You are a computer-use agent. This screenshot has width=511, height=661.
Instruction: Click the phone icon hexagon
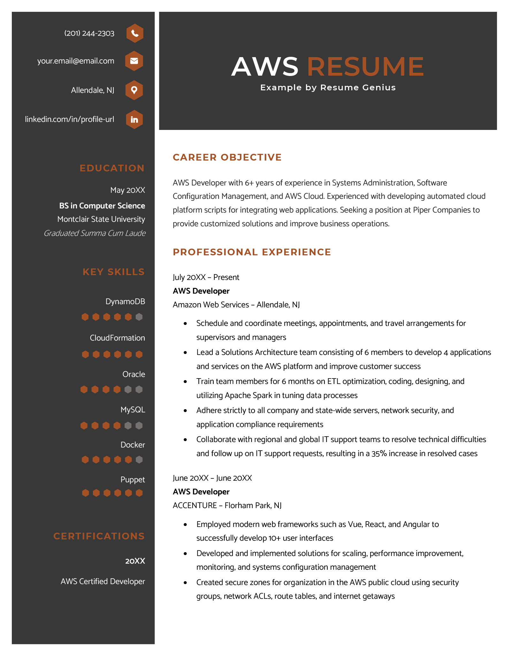(135, 33)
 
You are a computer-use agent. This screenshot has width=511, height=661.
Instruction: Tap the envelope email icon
(134, 61)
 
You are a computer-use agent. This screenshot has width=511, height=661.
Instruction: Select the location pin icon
(134, 90)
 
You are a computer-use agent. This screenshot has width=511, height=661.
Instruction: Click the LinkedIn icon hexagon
(134, 119)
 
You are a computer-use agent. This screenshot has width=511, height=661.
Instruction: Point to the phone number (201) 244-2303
(89, 34)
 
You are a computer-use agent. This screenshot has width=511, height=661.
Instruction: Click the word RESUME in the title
(365, 67)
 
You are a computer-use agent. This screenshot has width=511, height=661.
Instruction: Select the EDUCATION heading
(112, 168)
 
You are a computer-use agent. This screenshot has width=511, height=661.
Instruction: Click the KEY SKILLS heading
(114, 272)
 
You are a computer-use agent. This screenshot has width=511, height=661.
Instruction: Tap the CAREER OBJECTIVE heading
(227, 157)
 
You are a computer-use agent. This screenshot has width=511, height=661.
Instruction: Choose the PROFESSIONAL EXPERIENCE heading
(252, 252)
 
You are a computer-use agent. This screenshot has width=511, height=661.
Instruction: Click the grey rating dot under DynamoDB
(139, 317)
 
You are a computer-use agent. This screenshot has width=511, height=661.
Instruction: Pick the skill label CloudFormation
(117, 338)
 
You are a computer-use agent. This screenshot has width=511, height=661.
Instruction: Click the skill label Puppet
(133, 480)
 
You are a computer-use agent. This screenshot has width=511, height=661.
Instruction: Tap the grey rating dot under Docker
(139, 460)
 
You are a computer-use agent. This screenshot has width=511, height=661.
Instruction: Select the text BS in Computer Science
(102, 206)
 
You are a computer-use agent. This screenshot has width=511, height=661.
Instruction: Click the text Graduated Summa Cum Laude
(95, 233)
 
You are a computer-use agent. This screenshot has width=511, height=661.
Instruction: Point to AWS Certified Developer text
(103, 582)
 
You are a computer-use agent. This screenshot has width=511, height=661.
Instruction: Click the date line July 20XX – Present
(206, 277)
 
